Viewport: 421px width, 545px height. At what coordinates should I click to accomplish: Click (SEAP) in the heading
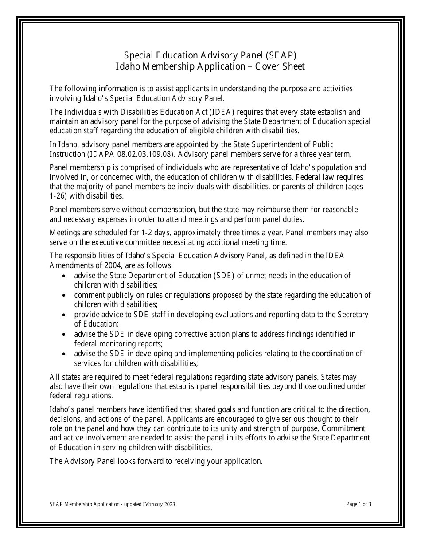[281, 55]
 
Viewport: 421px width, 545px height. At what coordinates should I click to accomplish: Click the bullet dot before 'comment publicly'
[65, 295]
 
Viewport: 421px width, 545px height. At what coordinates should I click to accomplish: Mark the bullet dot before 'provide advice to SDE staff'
[65, 315]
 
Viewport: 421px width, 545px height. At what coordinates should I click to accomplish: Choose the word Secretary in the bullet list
[353, 315]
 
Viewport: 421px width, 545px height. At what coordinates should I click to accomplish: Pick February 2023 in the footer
[159, 504]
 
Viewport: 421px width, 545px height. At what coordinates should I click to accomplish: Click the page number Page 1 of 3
[359, 504]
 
